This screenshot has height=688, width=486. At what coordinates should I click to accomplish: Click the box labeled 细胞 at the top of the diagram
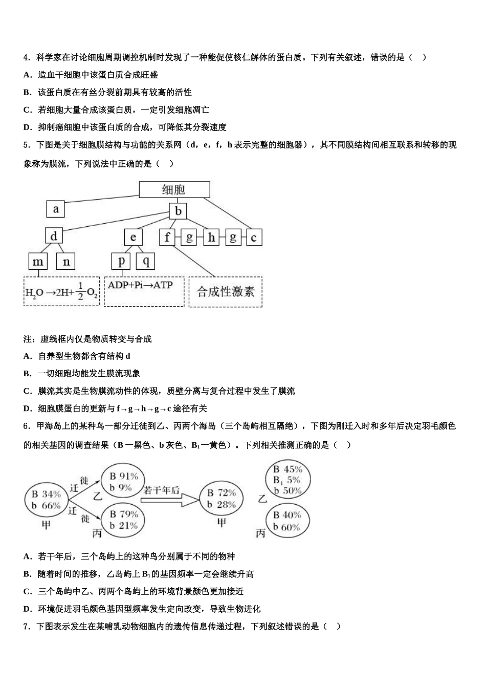[174, 189]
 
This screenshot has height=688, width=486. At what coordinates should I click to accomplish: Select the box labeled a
[56, 208]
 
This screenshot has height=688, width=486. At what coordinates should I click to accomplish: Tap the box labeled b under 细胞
[178, 211]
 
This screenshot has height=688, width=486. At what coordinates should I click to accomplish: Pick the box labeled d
[54, 236]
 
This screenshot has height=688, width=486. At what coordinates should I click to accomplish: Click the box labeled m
[38, 262]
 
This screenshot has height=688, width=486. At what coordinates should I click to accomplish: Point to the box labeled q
[146, 261]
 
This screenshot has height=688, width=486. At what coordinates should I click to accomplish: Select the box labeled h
[211, 237]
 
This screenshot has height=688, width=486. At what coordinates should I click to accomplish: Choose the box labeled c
[253, 237]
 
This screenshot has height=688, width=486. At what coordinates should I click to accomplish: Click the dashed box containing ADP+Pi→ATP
[144, 292]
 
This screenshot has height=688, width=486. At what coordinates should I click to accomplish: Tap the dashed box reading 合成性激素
[226, 292]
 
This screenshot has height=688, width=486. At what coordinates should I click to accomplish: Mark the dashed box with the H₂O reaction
[61, 292]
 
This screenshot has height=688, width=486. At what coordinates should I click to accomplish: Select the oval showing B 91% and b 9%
[123, 482]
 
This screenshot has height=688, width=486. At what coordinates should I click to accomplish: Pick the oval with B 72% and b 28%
[221, 499]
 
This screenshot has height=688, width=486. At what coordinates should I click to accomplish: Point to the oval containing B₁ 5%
[287, 480]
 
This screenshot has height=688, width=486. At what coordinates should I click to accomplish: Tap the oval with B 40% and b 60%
[287, 521]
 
